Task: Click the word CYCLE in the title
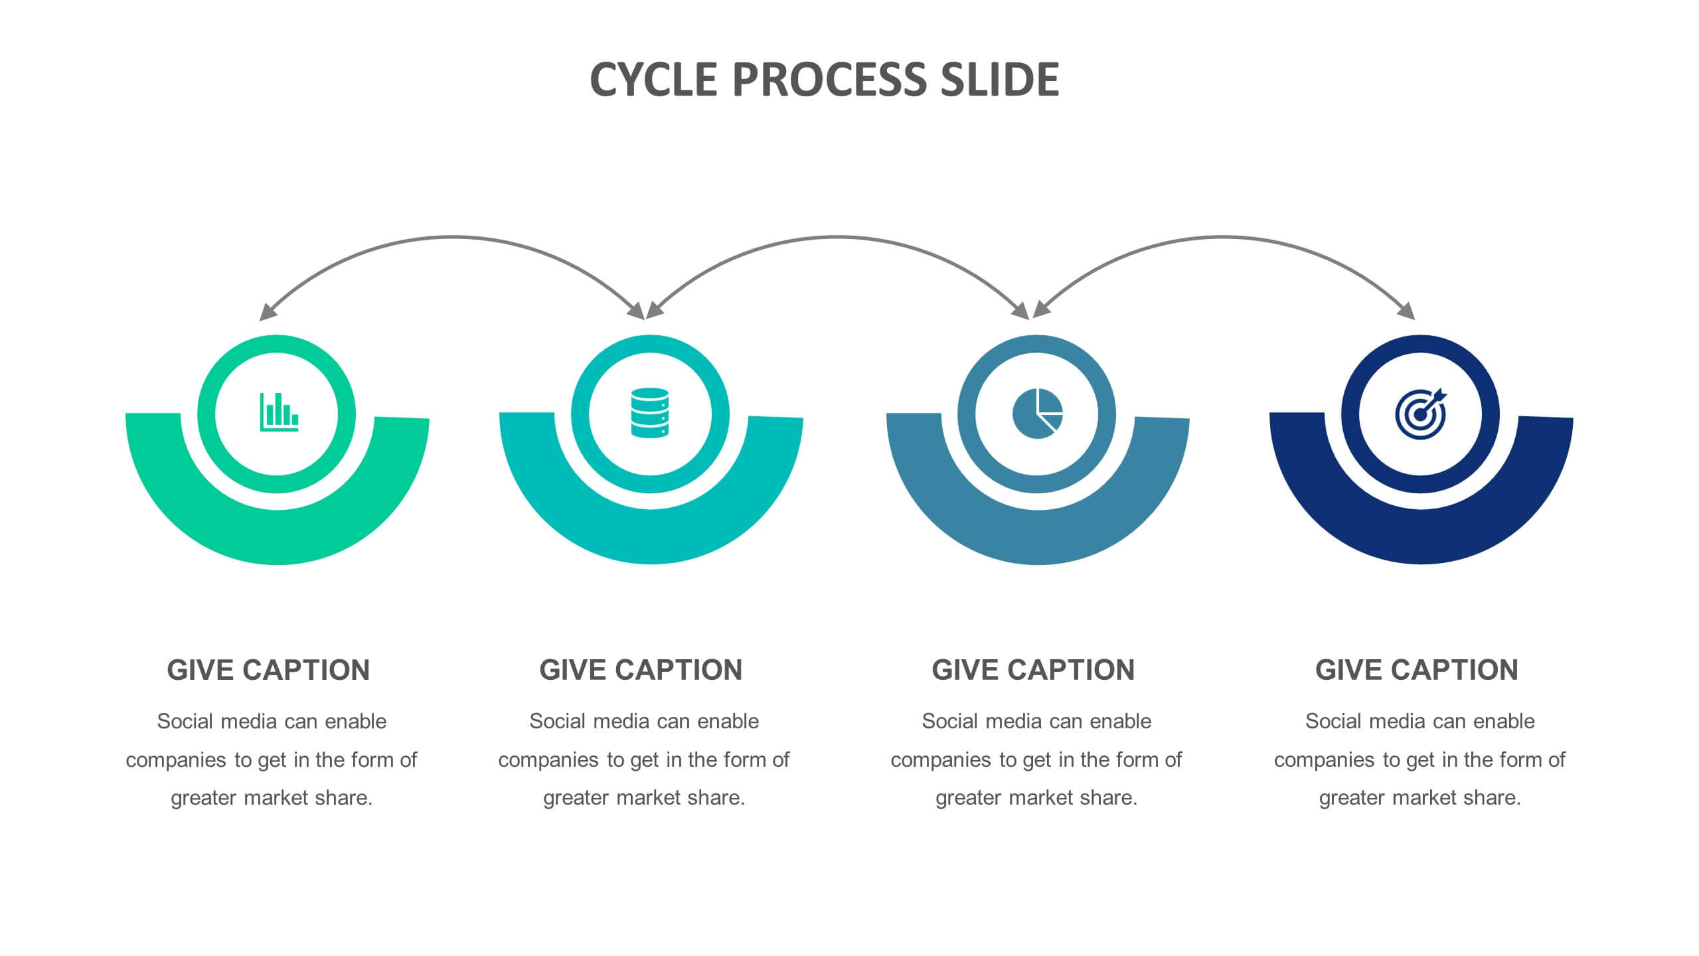pyautogui.click(x=653, y=80)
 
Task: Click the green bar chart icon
pyautogui.click(x=279, y=412)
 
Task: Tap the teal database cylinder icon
pyautogui.click(x=650, y=413)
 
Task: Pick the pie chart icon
pyautogui.click(x=1038, y=414)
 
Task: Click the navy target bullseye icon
pyautogui.click(x=1420, y=414)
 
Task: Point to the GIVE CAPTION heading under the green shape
pyautogui.click(x=268, y=670)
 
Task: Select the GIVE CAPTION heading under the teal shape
pyautogui.click(x=641, y=670)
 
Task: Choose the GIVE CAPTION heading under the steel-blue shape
pyautogui.click(x=1033, y=670)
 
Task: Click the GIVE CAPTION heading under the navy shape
pyautogui.click(x=1417, y=670)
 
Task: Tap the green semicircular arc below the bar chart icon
pyautogui.click(x=278, y=538)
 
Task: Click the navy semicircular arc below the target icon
pyautogui.click(x=1421, y=538)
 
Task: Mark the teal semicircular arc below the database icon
pyautogui.click(x=651, y=538)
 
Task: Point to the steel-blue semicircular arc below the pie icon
pyautogui.click(x=1038, y=538)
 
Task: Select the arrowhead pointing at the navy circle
pyautogui.click(x=1407, y=311)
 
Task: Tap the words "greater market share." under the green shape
pyautogui.click(x=272, y=797)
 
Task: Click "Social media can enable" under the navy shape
pyautogui.click(x=1420, y=721)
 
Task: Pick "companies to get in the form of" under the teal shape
pyautogui.click(x=644, y=759)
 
